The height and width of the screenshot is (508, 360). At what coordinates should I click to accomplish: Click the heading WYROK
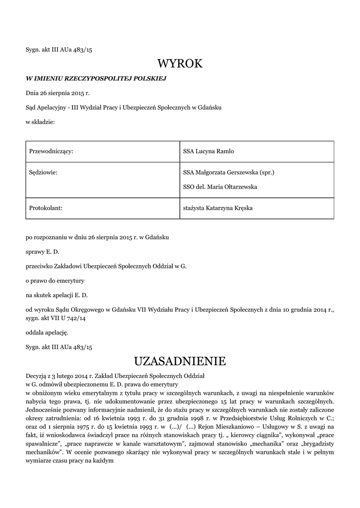[x=180, y=63]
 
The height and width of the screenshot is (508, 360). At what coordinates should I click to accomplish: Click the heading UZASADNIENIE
[x=180, y=361]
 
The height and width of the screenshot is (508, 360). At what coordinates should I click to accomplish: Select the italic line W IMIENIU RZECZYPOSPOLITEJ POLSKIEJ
[x=96, y=78]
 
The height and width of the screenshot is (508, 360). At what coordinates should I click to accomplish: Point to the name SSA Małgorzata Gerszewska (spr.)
[x=229, y=173]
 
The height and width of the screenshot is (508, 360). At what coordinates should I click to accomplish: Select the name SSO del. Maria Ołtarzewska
[x=220, y=187]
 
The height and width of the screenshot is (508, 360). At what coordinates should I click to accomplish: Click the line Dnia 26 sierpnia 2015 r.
[x=58, y=93]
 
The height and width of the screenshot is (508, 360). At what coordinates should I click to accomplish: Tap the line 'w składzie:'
[x=40, y=122]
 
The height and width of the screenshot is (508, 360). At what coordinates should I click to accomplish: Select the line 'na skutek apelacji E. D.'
[x=57, y=295]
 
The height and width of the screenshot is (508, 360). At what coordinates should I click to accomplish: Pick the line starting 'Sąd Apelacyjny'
[x=124, y=107]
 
